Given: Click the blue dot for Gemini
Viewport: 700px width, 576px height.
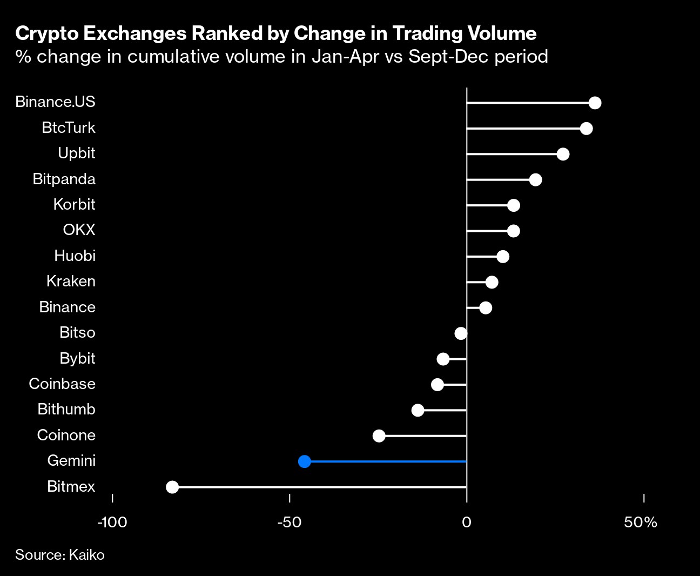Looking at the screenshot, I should click(x=305, y=461).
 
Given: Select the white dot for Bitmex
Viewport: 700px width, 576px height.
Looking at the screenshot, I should click(x=172, y=487).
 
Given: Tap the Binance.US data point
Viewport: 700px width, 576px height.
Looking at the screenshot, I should click(x=595, y=103).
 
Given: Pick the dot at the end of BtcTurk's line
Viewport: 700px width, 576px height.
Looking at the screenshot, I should click(x=586, y=129).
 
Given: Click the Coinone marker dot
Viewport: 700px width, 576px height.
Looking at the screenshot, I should click(x=379, y=436).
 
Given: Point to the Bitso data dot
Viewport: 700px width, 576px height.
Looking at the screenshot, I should click(x=461, y=333).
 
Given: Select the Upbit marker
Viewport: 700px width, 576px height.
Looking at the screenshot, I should click(x=563, y=154).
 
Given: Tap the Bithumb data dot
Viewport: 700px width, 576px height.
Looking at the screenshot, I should click(x=418, y=410).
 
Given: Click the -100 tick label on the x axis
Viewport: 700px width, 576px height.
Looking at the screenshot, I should click(x=112, y=523).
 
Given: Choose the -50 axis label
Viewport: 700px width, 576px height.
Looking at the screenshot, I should click(x=289, y=523).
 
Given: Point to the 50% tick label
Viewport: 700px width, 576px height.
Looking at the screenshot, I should click(x=641, y=523).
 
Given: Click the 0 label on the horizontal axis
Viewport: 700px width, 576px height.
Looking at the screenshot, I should click(x=467, y=523).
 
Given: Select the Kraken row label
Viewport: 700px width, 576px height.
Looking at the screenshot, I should click(x=71, y=282).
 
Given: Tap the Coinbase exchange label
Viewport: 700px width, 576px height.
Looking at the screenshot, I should click(x=62, y=384).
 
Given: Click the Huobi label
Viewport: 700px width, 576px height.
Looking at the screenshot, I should click(x=75, y=256).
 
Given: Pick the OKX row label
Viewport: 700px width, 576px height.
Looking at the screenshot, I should click(x=79, y=230).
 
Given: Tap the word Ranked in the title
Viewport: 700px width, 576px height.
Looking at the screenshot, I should click(x=226, y=34).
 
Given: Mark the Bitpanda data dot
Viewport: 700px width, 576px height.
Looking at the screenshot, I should click(x=535, y=180).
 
